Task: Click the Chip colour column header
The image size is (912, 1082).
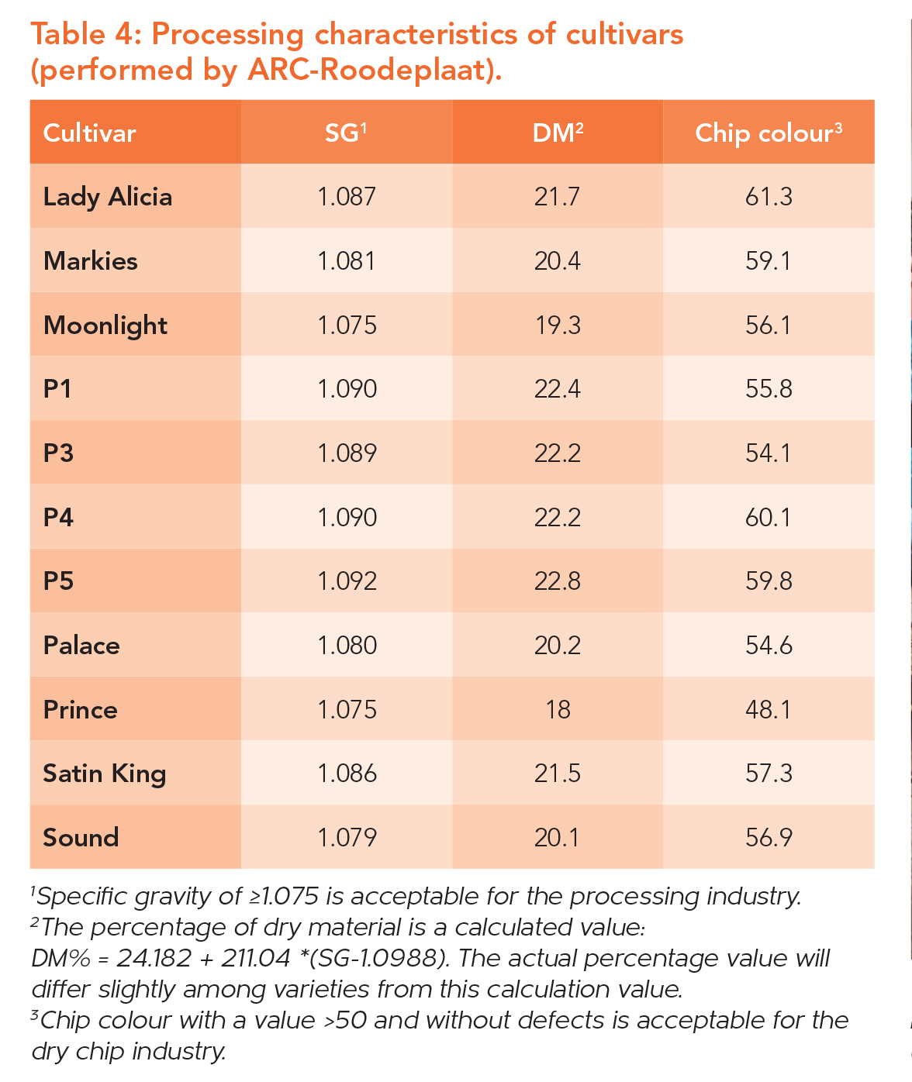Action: coord(768,133)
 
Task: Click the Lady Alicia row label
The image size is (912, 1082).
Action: coord(108,197)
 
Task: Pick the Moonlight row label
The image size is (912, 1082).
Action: coord(105,326)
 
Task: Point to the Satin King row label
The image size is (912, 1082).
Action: coord(105,774)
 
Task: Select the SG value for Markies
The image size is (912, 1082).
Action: coord(347,261)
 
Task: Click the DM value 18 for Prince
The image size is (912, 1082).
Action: coord(558,709)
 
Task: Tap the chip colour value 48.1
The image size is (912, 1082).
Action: coord(769,709)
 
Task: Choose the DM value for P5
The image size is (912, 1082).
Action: coord(558,581)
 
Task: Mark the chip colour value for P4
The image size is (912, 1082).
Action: coord(769,517)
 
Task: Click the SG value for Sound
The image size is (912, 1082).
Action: coord(347,837)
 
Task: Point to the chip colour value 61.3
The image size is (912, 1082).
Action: coord(769,197)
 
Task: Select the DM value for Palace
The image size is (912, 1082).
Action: coord(558,646)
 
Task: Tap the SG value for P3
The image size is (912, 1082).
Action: coord(347,453)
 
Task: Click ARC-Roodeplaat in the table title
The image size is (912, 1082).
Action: coord(371,70)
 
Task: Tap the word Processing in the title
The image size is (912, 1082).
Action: coord(227,35)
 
